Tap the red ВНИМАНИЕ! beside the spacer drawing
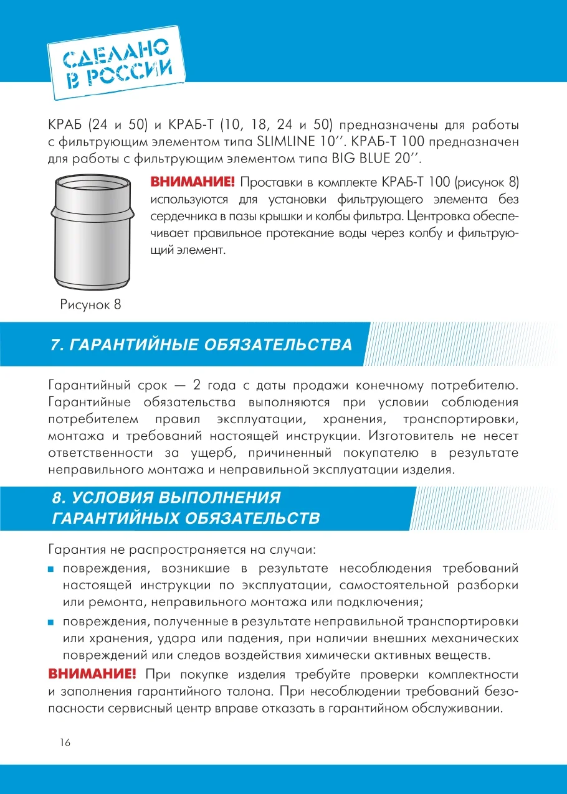click(192, 182)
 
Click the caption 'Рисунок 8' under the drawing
click(90, 305)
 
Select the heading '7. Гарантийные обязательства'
click(201, 345)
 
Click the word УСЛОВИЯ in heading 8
click(114, 498)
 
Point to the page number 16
click(65, 742)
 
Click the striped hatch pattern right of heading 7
click(461, 345)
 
